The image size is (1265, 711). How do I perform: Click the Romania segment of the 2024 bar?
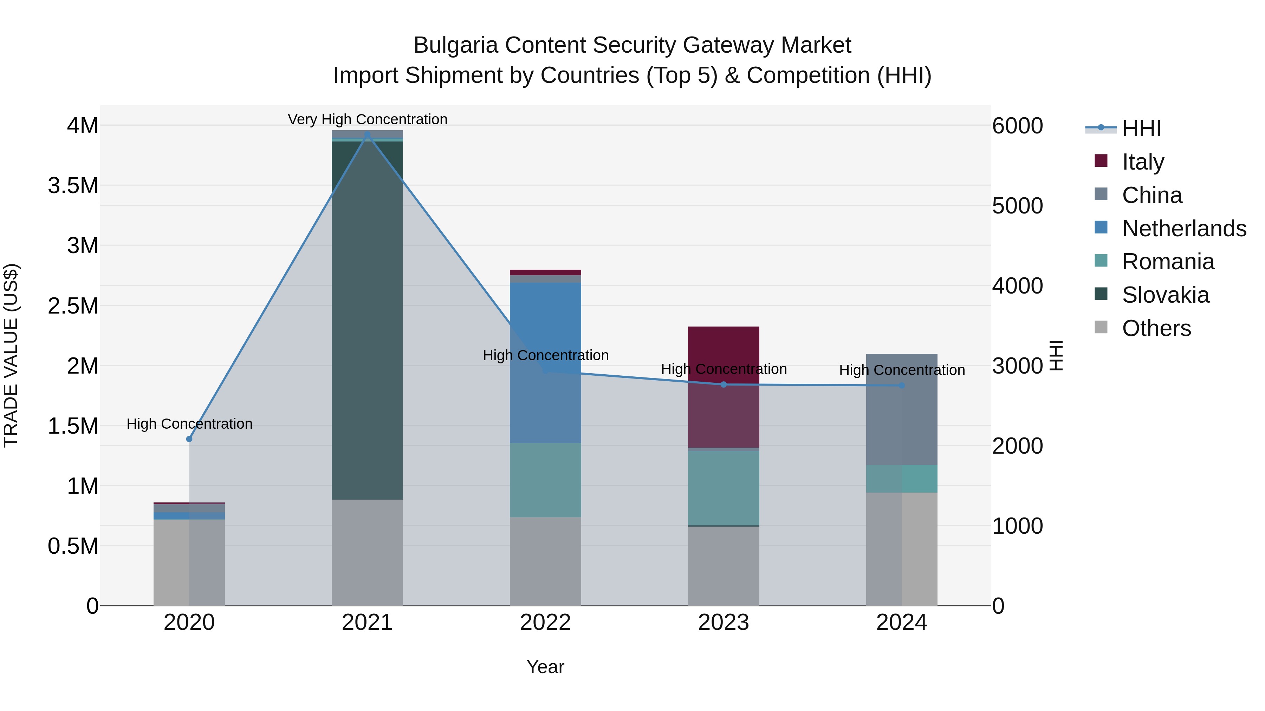click(902, 479)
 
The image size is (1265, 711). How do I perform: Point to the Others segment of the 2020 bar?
click(189, 562)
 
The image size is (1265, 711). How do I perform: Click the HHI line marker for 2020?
click(189, 439)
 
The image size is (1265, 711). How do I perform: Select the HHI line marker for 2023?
click(724, 384)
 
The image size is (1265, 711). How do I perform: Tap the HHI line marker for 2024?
click(902, 385)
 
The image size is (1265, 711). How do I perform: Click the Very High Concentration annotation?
click(367, 119)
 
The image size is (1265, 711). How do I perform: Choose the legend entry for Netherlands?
click(1183, 229)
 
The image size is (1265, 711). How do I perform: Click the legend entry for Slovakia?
click(1165, 295)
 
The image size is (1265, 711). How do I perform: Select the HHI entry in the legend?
click(1141, 129)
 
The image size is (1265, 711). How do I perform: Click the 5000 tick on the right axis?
click(1018, 206)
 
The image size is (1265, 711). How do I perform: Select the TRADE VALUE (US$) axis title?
click(11, 355)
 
